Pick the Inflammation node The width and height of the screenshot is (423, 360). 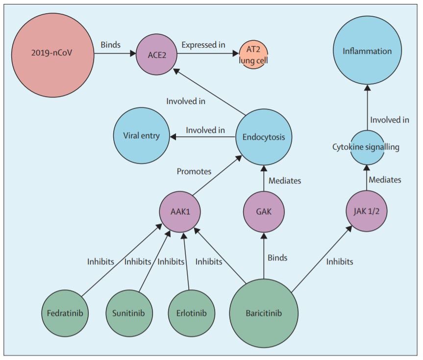click(367, 51)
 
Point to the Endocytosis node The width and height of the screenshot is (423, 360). click(264, 137)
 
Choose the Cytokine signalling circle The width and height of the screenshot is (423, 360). click(366, 147)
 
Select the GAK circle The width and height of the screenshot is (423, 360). click(264, 212)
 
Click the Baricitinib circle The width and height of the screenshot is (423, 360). click(264, 312)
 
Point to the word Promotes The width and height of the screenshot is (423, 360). click(194, 172)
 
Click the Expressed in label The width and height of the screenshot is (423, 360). click(203, 45)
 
